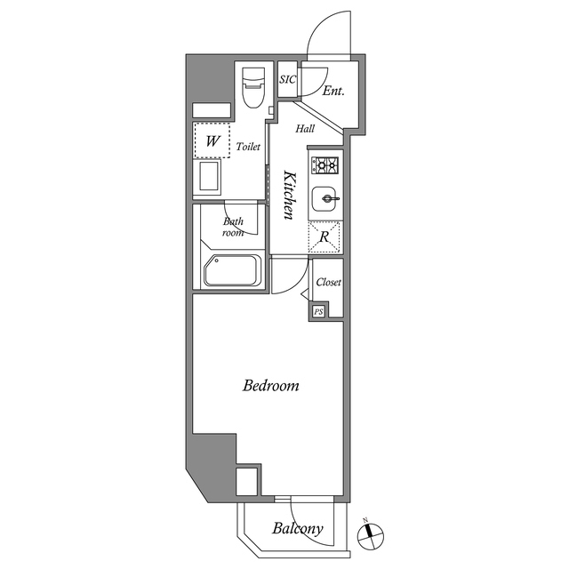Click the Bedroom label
[x=270, y=387]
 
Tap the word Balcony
[x=297, y=530]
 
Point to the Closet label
[x=328, y=282]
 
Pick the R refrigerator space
[x=325, y=236]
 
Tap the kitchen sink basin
[x=325, y=197]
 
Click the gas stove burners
[x=325, y=164]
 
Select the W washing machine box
[x=213, y=140]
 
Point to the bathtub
[x=232, y=270]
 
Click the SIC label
[x=286, y=80]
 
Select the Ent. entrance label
[x=333, y=91]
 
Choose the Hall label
[x=305, y=129]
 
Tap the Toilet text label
[x=248, y=147]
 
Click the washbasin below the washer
[x=210, y=176]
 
